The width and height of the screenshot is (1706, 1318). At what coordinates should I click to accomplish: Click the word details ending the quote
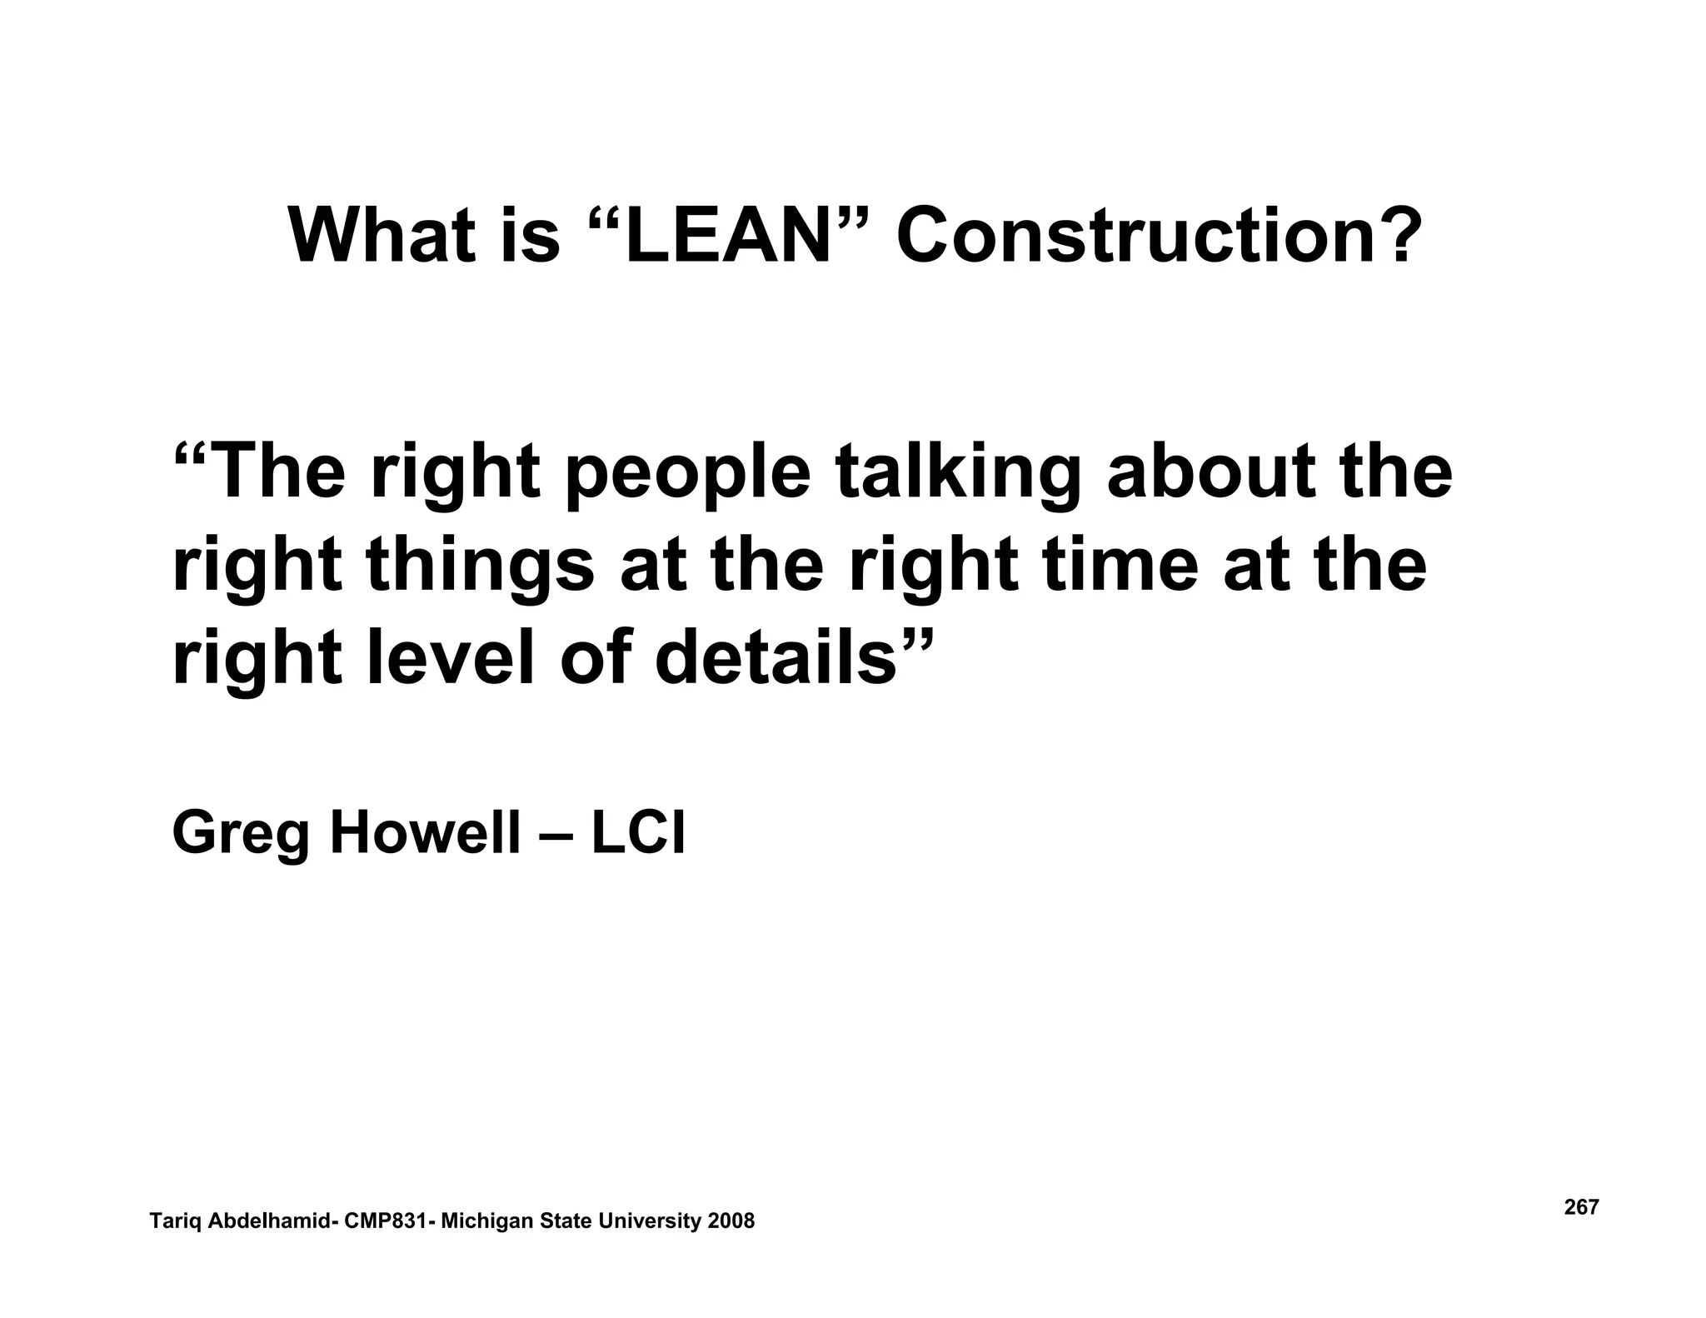[775, 658]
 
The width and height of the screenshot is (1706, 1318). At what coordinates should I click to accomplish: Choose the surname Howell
[425, 833]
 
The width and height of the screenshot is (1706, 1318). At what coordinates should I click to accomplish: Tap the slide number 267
[1581, 1207]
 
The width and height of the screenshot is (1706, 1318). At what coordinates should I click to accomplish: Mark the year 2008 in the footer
[731, 1221]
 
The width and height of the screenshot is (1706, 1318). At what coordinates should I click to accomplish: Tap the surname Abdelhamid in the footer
[268, 1221]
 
